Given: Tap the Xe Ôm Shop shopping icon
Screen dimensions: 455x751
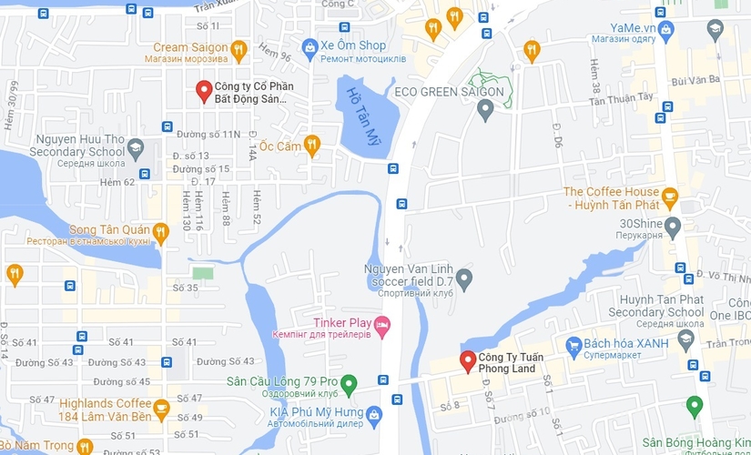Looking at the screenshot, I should (310, 45).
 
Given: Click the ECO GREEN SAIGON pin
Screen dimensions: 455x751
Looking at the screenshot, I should (485, 110).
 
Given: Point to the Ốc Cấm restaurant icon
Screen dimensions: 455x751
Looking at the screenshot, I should (311, 144).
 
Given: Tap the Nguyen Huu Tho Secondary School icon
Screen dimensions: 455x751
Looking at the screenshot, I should (136, 146).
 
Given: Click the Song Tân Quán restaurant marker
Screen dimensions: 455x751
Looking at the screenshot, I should (161, 232).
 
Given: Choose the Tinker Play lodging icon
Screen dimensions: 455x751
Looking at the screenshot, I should (382, 324).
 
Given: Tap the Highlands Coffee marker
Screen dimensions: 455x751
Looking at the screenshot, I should (161, 407).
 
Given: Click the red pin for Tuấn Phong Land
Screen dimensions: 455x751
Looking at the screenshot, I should (467, 360).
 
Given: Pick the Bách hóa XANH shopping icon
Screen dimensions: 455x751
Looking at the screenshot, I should (573, 345).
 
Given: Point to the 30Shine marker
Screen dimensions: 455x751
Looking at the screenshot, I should (673, 225).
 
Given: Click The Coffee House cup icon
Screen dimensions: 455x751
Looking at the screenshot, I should (670, 195).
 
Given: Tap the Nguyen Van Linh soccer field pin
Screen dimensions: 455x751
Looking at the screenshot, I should (464, 277).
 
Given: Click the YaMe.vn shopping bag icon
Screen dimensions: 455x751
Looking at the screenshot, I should (666, 29).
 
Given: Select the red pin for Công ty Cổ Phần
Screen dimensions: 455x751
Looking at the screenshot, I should (204, 91).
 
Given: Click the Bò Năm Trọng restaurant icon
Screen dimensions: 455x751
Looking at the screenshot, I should (84, 446).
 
